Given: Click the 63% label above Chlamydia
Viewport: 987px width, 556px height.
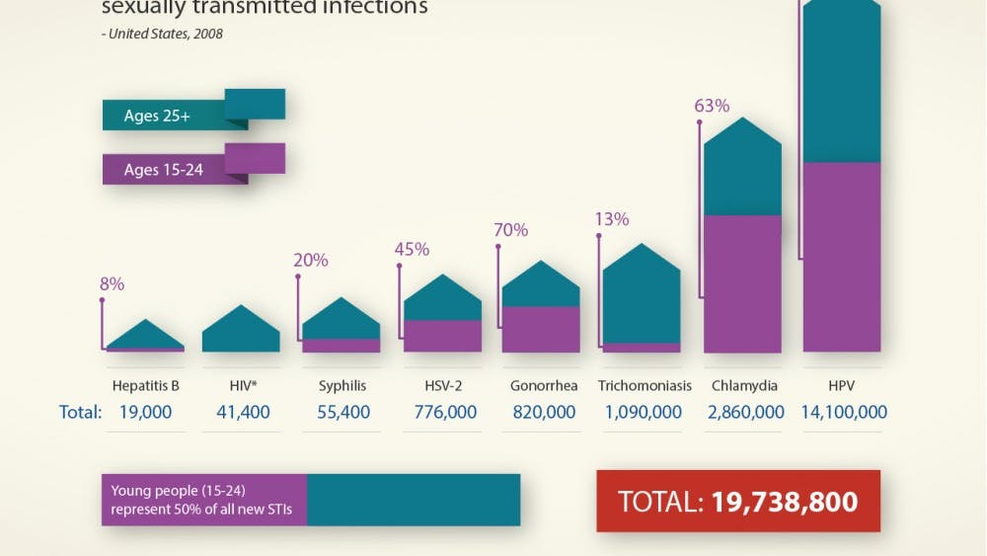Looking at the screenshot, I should [712, 106].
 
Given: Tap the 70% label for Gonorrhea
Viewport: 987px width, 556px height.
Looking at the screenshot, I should [510, 230].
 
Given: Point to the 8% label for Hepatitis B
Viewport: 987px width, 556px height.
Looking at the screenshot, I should [112, 284].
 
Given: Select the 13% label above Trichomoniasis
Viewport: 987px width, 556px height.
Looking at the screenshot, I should [612, 219].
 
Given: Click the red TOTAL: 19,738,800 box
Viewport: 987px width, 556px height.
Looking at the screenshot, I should [737, 501].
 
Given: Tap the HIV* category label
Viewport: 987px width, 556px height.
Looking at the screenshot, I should [243, 385].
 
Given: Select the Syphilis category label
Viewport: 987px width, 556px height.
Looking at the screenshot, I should [341, 385].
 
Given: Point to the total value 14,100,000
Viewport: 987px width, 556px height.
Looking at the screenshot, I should [843, 413].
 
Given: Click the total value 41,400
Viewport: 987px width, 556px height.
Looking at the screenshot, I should [243, 413].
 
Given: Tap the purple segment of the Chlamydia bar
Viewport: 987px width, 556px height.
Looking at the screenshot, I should [742, 283].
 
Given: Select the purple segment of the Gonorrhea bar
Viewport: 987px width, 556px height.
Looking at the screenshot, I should [541, 329].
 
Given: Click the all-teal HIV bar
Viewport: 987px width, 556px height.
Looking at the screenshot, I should [241, 334].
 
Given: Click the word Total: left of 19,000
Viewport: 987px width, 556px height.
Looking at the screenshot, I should [80, 413].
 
